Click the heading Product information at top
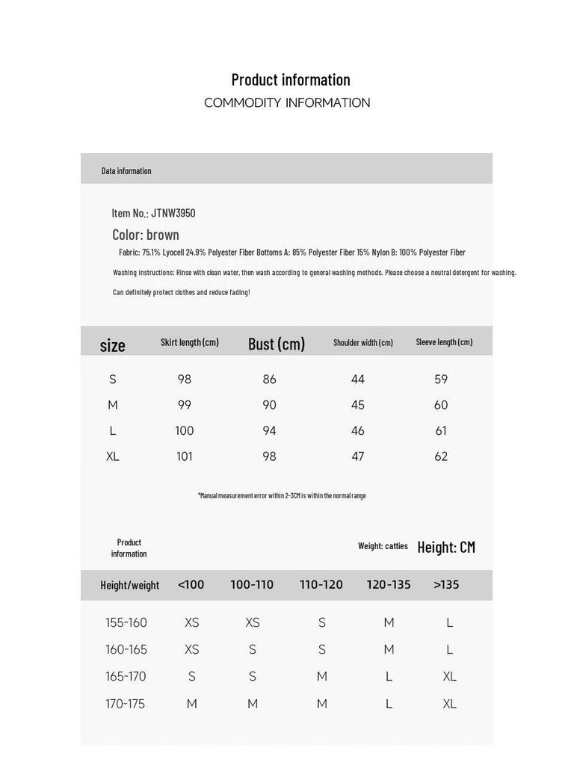(x=291, y=80)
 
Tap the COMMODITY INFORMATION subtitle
(x=287, y=103)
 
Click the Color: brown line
(x=146, y=235)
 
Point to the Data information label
(x=126, y=171)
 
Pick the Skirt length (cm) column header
(x=190, y=342)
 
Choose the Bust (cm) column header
(x=277, y=344)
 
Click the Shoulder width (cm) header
(x=363, y=342)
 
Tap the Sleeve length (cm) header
(x=444, y=342)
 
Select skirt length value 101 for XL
(x=185, y=456)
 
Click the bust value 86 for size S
(x=270, y=380)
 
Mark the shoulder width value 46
(x=358, y=431)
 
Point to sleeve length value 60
(x=441, y=405)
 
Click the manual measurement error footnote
(x=282, y=495)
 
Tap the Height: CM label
(x=446, y=547)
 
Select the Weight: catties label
(x=383, y=546)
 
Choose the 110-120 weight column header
(x=321, y=585)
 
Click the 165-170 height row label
(x=126, y=677)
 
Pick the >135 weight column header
(x=446, y=585)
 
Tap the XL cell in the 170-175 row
(x=449, y=704)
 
